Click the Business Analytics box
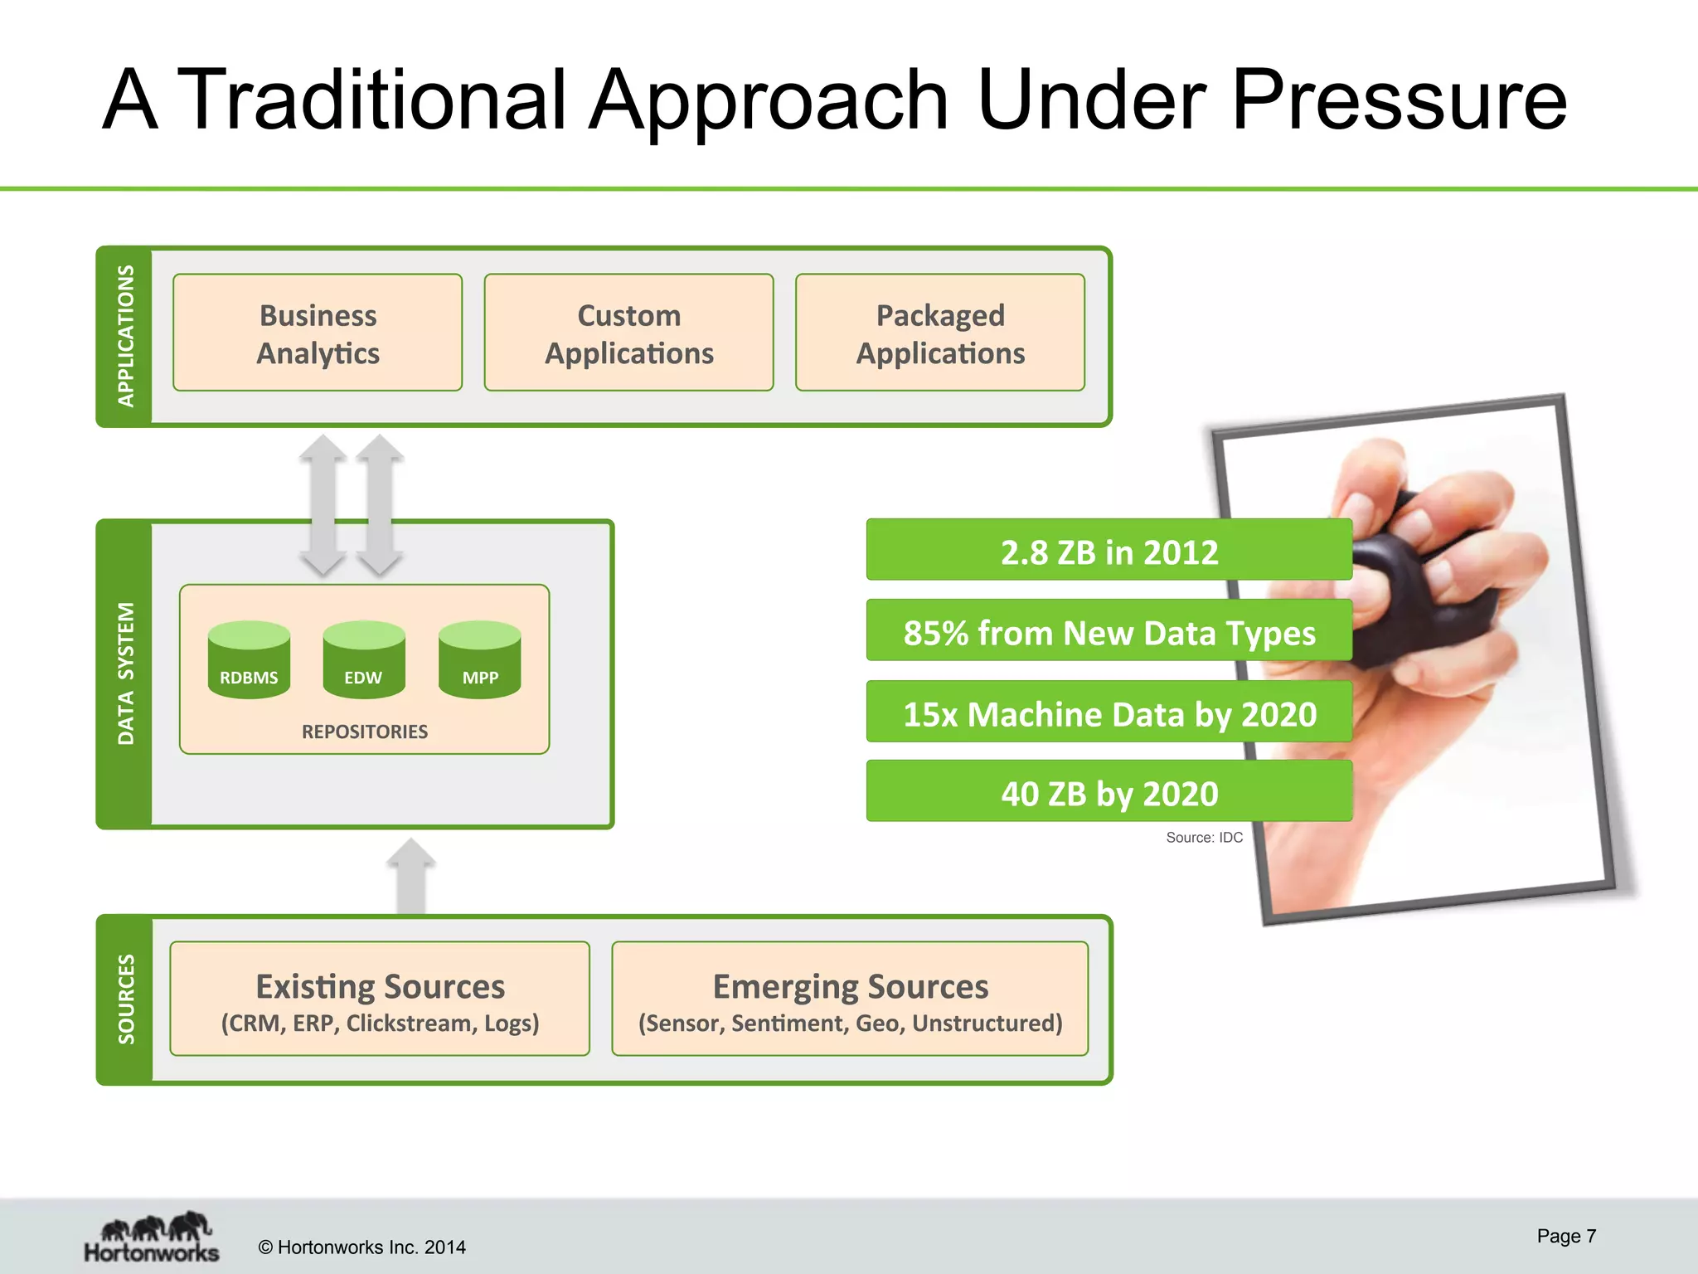(x=318, y=333)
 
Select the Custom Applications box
(x=628, y=333)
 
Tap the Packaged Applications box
(x=940, y=333)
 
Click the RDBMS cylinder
(x=249, y=661)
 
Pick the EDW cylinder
(x=364, y=661)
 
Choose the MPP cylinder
(x=480, y=661)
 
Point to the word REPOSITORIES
(x=365, y=732)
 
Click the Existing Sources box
(x=380, y=999)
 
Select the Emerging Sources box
(x=850, y=999)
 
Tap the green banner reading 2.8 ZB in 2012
(x=1109, y=551)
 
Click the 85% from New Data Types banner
(x=1109, y=631)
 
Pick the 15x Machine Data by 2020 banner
(x=1109, y=712)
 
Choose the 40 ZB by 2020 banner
(x=1109, y=792)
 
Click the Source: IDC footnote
(x=1204, y=838)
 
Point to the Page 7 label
(x=1565, y=1236)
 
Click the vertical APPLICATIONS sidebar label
(x=125, y=336)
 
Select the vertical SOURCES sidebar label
(x=125, y=999)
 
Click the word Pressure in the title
(x=1399, y=101)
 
